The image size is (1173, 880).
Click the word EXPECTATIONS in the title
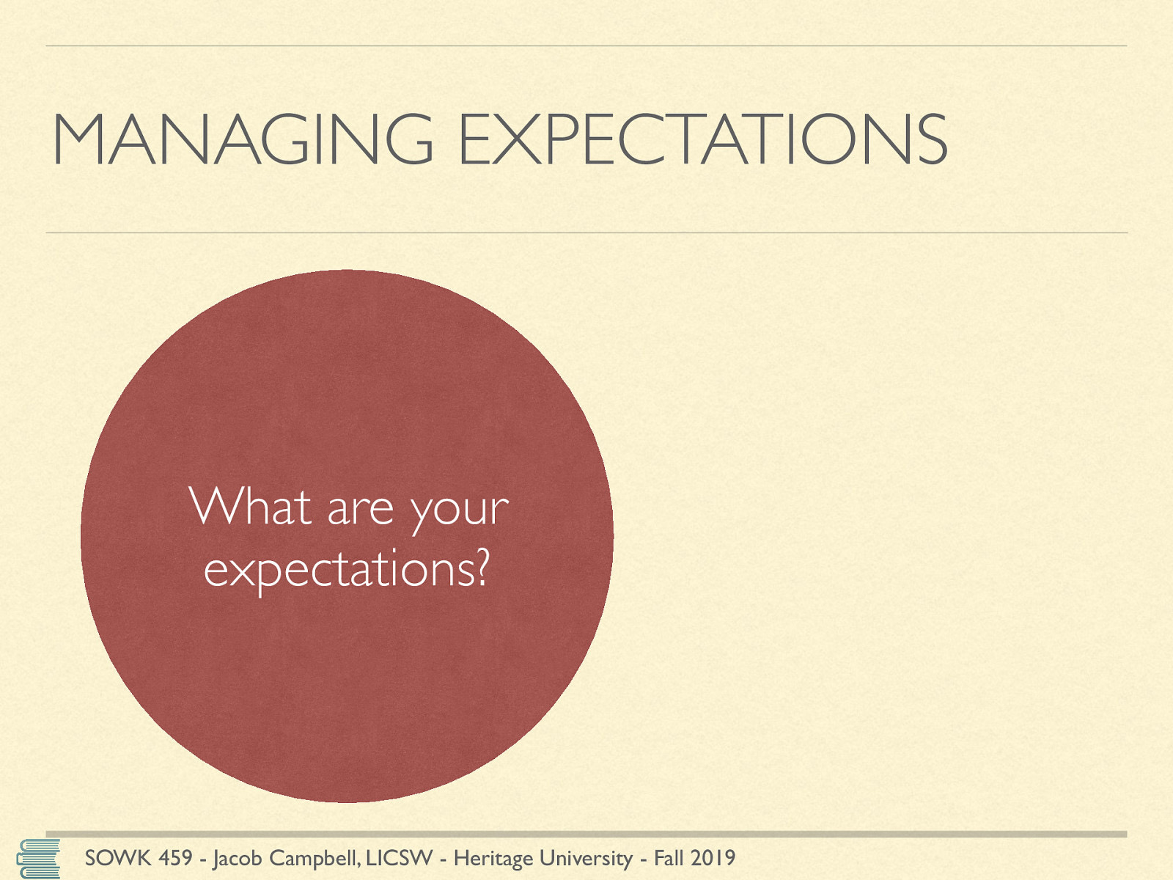pos(703,139)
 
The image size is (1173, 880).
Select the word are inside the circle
pos(360,510)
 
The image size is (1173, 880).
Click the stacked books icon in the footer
pos(38,858)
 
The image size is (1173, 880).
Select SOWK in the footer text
pos(117,858)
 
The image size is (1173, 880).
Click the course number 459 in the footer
pos(175,858)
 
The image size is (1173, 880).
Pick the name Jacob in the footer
pos(238,859)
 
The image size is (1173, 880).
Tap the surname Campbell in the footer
pos(315,859)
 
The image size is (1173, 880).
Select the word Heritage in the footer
pos(493,859)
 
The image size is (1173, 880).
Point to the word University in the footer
pos(586,859)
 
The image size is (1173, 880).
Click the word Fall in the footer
pos(669,858)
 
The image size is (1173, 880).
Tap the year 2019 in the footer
pos(713,858)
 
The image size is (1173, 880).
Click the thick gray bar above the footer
pos(586,834)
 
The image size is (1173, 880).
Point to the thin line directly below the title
pos(586,232)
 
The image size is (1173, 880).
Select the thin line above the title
pos(586,46)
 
